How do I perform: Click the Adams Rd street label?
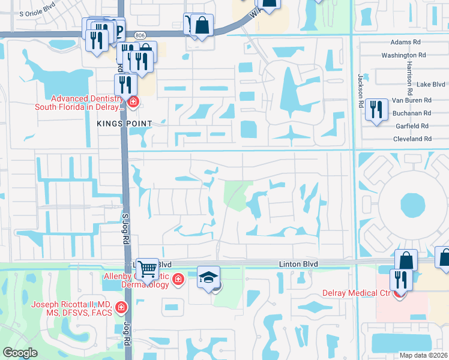pyautogui.click(x=406, y=43)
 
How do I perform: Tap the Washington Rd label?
pyautogui.click(x=403, y=55)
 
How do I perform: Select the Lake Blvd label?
pyautogui.click(x=430, y=85)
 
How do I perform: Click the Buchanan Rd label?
pyautogui.click(x=411, y=113)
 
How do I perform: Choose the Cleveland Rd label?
pyautogui.click(x=411, y=139)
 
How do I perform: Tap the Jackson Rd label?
pyautogui.click(x=361, y=91)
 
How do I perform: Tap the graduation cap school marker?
pyautogui.click(x=209, y=277)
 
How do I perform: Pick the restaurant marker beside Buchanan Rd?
pyautogui.click(x=376, y=109)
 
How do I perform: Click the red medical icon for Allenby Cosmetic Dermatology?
pyautogui.click(x=178, y=279)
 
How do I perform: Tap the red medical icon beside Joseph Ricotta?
pyautogui.click(x=121, y=308)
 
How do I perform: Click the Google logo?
pyautogui.click(x=20, y=353)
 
